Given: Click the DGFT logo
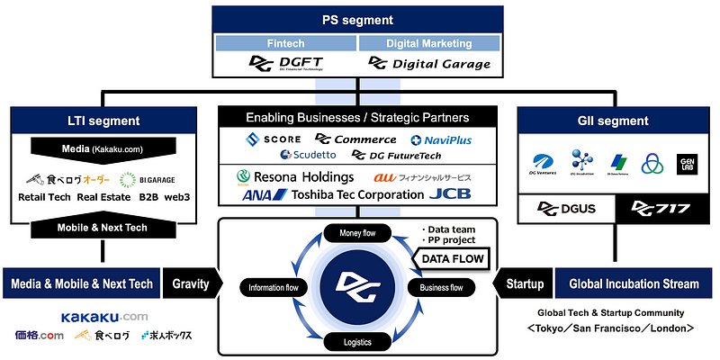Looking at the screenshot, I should coord(286,63).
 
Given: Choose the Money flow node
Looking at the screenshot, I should coord(358,233).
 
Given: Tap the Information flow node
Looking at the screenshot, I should coord(273,288).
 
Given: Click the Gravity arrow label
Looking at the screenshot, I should coord(190,283).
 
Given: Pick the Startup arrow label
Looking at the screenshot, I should coord(523,283).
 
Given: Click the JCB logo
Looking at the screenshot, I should coord(450,193).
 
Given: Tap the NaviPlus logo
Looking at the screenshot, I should coord(441,139).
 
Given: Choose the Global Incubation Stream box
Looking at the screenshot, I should coord(634,283).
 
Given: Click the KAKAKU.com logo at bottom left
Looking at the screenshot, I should coord(104,317).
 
